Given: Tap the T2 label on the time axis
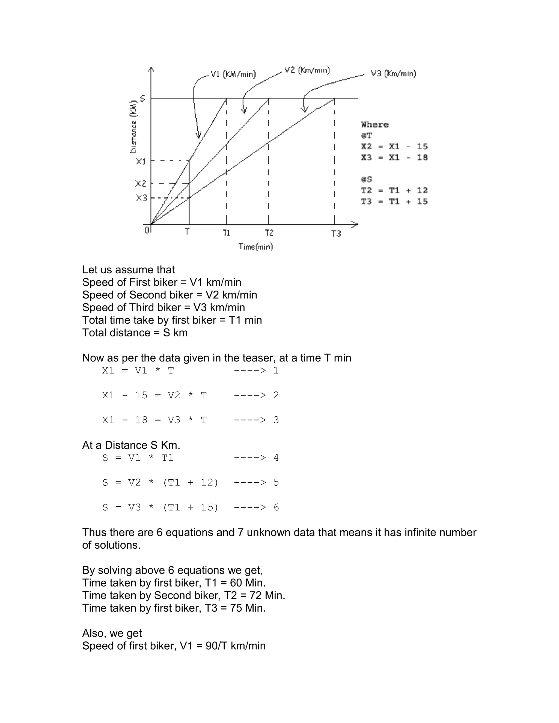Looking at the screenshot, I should [269, 233].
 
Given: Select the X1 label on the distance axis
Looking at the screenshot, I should [141, 162].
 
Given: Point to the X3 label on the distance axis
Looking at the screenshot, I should [141, 198].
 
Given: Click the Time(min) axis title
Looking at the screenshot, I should [256, 247].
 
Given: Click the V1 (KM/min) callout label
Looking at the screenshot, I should [233, 74].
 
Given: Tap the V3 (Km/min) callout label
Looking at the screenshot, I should [393, 73].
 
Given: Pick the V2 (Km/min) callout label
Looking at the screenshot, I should [307, 70].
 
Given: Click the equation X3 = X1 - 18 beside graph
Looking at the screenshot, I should [394, 157].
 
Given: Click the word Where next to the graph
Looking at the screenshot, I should [374, 124].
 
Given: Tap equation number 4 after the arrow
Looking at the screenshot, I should [276, 458].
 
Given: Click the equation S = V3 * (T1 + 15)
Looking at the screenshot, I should [160, 507].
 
